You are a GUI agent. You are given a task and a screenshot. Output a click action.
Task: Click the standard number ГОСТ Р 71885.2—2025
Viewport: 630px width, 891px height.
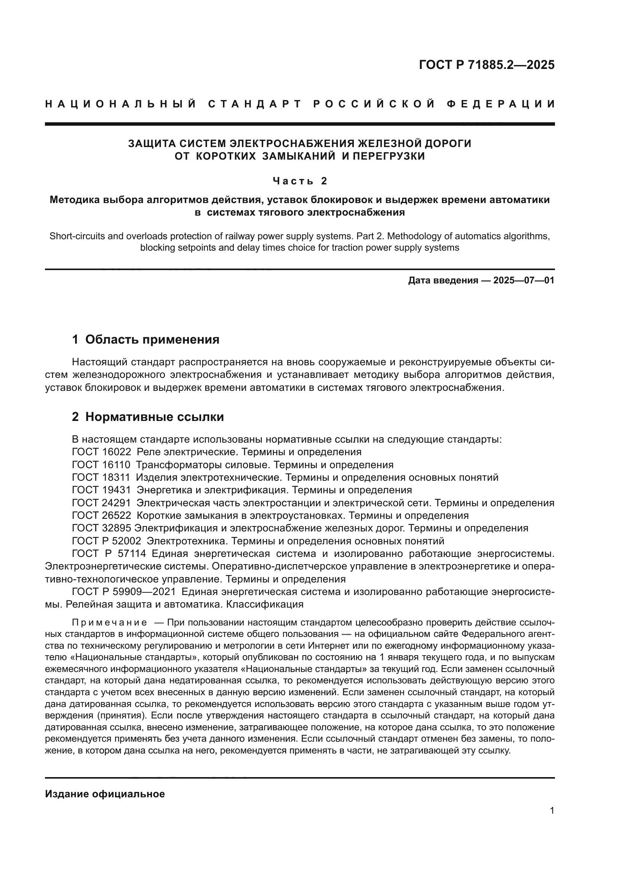(486, 65)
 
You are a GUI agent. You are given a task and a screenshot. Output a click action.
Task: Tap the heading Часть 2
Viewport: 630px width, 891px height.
(299, 181)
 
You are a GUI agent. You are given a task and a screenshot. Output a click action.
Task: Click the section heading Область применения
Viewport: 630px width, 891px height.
(152, 339)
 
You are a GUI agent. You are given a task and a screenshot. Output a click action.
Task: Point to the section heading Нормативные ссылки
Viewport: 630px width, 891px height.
(154, 417)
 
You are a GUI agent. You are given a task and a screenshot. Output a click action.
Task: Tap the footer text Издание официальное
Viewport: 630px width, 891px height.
(105, 794)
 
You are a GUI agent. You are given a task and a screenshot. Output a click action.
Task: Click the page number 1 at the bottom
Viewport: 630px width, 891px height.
(552, 811)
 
